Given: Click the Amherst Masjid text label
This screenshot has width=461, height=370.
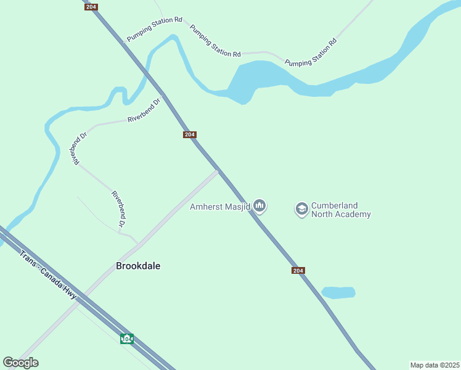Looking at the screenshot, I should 219,207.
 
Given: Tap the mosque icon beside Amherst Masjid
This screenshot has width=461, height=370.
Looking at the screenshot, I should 259,205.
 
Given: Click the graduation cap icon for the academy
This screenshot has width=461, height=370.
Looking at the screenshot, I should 301,209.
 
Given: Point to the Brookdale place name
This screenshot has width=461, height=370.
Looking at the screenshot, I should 138,266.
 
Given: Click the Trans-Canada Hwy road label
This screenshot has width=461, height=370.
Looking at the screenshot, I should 47,275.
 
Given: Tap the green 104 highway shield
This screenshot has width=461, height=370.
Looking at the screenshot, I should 127,339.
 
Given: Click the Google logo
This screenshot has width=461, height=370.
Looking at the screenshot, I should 20,363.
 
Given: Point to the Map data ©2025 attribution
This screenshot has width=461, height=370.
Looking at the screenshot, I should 434,365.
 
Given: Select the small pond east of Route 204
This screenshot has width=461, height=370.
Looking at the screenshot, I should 338,292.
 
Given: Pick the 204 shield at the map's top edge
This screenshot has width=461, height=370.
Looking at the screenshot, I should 91,6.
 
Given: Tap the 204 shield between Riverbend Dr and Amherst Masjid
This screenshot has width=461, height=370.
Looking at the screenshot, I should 190,135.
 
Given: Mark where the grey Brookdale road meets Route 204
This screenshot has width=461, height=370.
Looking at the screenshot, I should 218,171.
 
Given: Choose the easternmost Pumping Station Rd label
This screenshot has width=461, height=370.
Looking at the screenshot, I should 311,53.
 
